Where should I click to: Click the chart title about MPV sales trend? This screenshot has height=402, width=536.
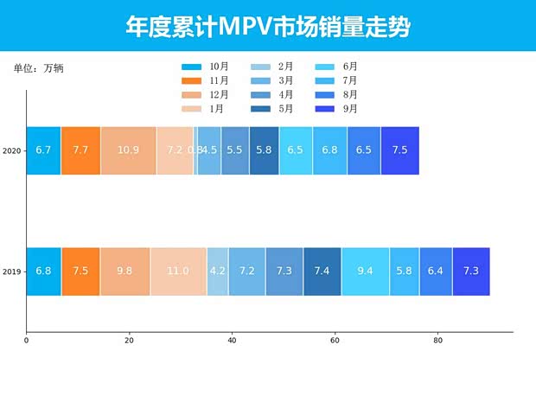coord(267,27)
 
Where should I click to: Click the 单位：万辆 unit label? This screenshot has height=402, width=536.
coord(38,67)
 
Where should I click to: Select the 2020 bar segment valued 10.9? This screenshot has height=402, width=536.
coord(128,150)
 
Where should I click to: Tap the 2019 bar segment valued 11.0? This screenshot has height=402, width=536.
coord(178,271)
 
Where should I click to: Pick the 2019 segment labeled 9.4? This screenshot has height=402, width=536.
coord(365,271)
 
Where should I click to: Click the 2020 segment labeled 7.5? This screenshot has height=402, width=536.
coord(399,150)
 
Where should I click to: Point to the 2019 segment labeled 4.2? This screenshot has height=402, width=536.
coord(218,271)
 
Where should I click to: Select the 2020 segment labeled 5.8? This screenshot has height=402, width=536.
coord(264,150)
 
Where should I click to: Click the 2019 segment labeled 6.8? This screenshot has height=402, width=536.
coord(43,271)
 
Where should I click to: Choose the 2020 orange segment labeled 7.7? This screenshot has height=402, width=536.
coord(80,150)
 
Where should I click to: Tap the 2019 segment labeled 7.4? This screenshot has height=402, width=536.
coord(322,271)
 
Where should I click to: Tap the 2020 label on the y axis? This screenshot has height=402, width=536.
coord(12,151)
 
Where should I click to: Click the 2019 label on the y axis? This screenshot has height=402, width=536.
coord(12,272)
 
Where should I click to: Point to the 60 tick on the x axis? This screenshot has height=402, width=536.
coord(335,341)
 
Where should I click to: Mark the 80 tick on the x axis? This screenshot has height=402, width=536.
coord(437,341)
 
